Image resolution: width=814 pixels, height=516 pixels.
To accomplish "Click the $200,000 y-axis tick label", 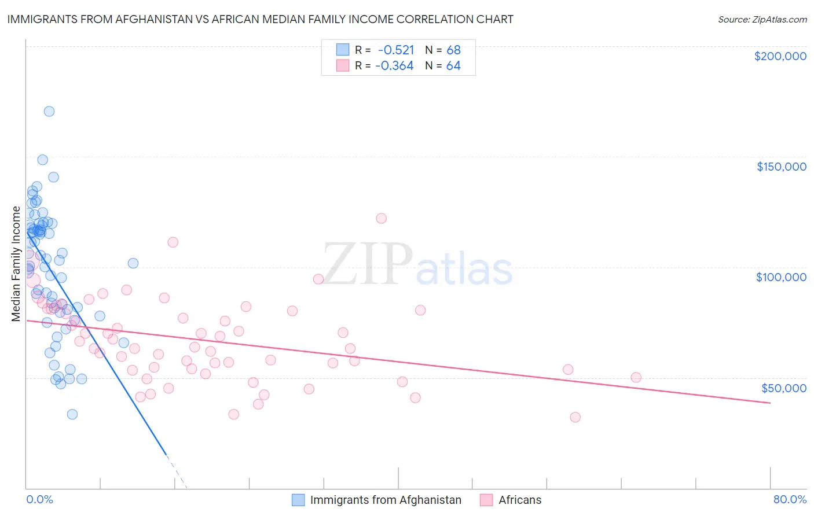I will [x=780, y=56].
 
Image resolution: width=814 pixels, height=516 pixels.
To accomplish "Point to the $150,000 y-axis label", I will [x=781, y=167].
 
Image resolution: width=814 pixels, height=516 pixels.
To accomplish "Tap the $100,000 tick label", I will [x=781, y=277].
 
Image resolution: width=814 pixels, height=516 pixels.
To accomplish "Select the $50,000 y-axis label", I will [x=783, y=388].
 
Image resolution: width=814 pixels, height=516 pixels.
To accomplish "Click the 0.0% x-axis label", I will [x=39, y=499].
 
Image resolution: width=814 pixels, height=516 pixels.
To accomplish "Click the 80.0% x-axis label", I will [x=790, y=499].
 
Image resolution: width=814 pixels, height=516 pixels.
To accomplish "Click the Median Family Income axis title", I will [x=16, y=264].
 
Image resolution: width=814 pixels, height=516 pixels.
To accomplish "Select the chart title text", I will [x=260, y=19].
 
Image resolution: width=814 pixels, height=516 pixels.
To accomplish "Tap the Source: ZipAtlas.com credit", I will [x=762, y=19].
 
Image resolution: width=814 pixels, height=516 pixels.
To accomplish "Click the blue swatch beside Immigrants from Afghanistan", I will [x=298, y=500].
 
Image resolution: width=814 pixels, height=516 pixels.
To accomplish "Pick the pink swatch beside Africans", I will [x=486, y=500].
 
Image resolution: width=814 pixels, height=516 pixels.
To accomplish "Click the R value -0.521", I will [x=395, y=50].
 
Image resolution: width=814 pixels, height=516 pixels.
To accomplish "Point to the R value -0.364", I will [x=394, y=66].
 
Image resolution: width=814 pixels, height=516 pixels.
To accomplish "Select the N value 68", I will [x=453, y=50].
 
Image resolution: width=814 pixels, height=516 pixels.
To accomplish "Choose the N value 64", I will [x=453, y=66].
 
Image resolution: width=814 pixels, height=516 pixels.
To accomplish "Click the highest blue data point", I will [x=49, y=111].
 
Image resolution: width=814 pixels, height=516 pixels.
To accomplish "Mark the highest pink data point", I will [x=381, y=218].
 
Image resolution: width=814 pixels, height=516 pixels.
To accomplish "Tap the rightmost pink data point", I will [x=636, y=377].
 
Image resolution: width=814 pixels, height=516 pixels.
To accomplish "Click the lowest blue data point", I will [x=72, y=414].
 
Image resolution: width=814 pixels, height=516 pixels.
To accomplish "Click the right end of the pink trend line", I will [x=770, y=403].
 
